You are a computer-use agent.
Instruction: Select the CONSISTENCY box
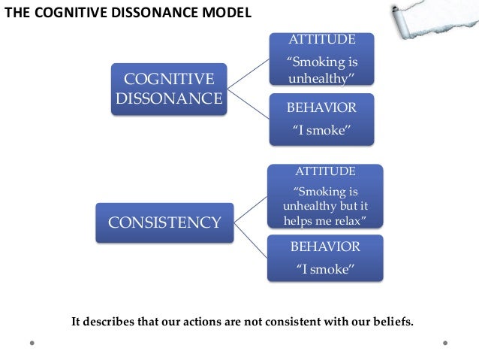tap(164, 222)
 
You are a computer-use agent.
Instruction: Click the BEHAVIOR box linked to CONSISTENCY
tap(324, 258)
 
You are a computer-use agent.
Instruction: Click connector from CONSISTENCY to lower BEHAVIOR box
tap(249, 238)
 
